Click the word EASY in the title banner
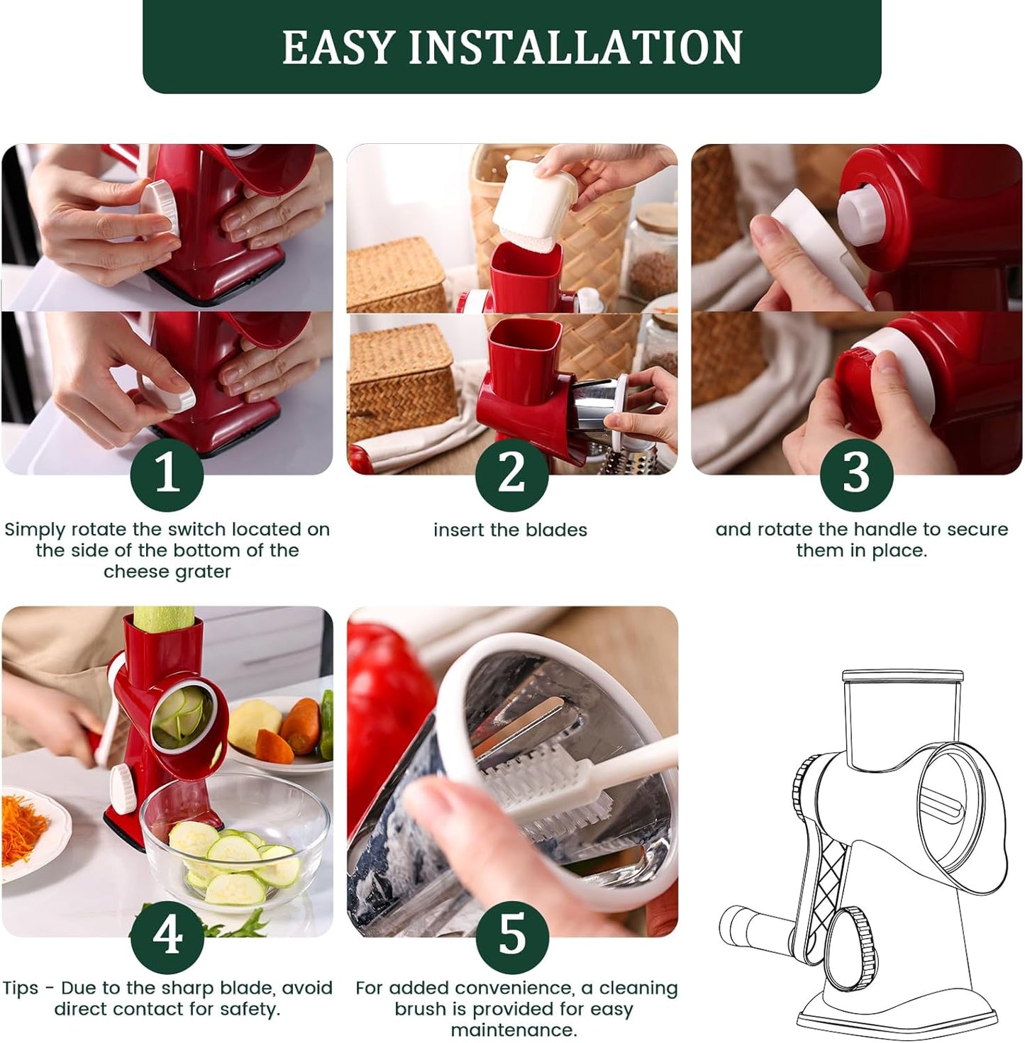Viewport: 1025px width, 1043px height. [338, 48]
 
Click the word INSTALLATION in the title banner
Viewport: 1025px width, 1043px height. [575, 48]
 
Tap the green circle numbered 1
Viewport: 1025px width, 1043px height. [167, 473]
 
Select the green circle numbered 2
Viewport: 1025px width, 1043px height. [511, 473]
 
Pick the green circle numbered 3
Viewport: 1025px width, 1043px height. [856, 473]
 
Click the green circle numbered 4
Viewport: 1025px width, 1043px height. [167, 935]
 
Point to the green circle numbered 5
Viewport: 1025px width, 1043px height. [511, 935]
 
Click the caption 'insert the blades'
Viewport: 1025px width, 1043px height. [510, 530]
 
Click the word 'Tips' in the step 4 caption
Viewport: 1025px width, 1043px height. [21, 988]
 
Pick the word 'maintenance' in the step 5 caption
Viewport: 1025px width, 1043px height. [513, 1030]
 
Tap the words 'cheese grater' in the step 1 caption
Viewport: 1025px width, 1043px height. [167, 571]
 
